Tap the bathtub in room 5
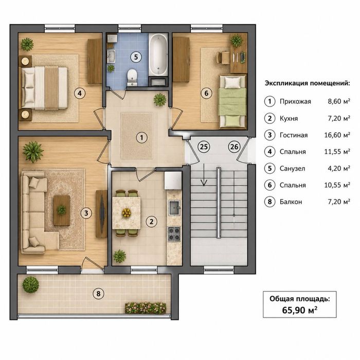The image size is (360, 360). pos(158,54)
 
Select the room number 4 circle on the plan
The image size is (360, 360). pos(79,93)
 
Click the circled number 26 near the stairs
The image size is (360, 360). pos(234,147)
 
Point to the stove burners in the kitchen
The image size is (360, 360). pos(174,233)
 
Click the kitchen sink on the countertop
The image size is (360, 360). pos(174,208)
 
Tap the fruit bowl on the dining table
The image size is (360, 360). pos(127,212)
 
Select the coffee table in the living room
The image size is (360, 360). pos(62,210)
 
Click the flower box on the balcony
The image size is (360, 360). pos(146,308)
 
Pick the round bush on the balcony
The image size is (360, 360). pos(30,285)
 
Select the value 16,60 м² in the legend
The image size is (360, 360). pos(337,135)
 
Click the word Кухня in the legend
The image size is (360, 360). pos(289,118)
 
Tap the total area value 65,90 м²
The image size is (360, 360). pos(300,310)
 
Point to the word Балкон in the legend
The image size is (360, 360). pos(291,202)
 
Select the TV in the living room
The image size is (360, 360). pos(102,214)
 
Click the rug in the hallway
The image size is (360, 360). pos(137,135)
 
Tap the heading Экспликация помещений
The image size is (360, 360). pos(308,83)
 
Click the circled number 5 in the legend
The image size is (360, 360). pos(270,168)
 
